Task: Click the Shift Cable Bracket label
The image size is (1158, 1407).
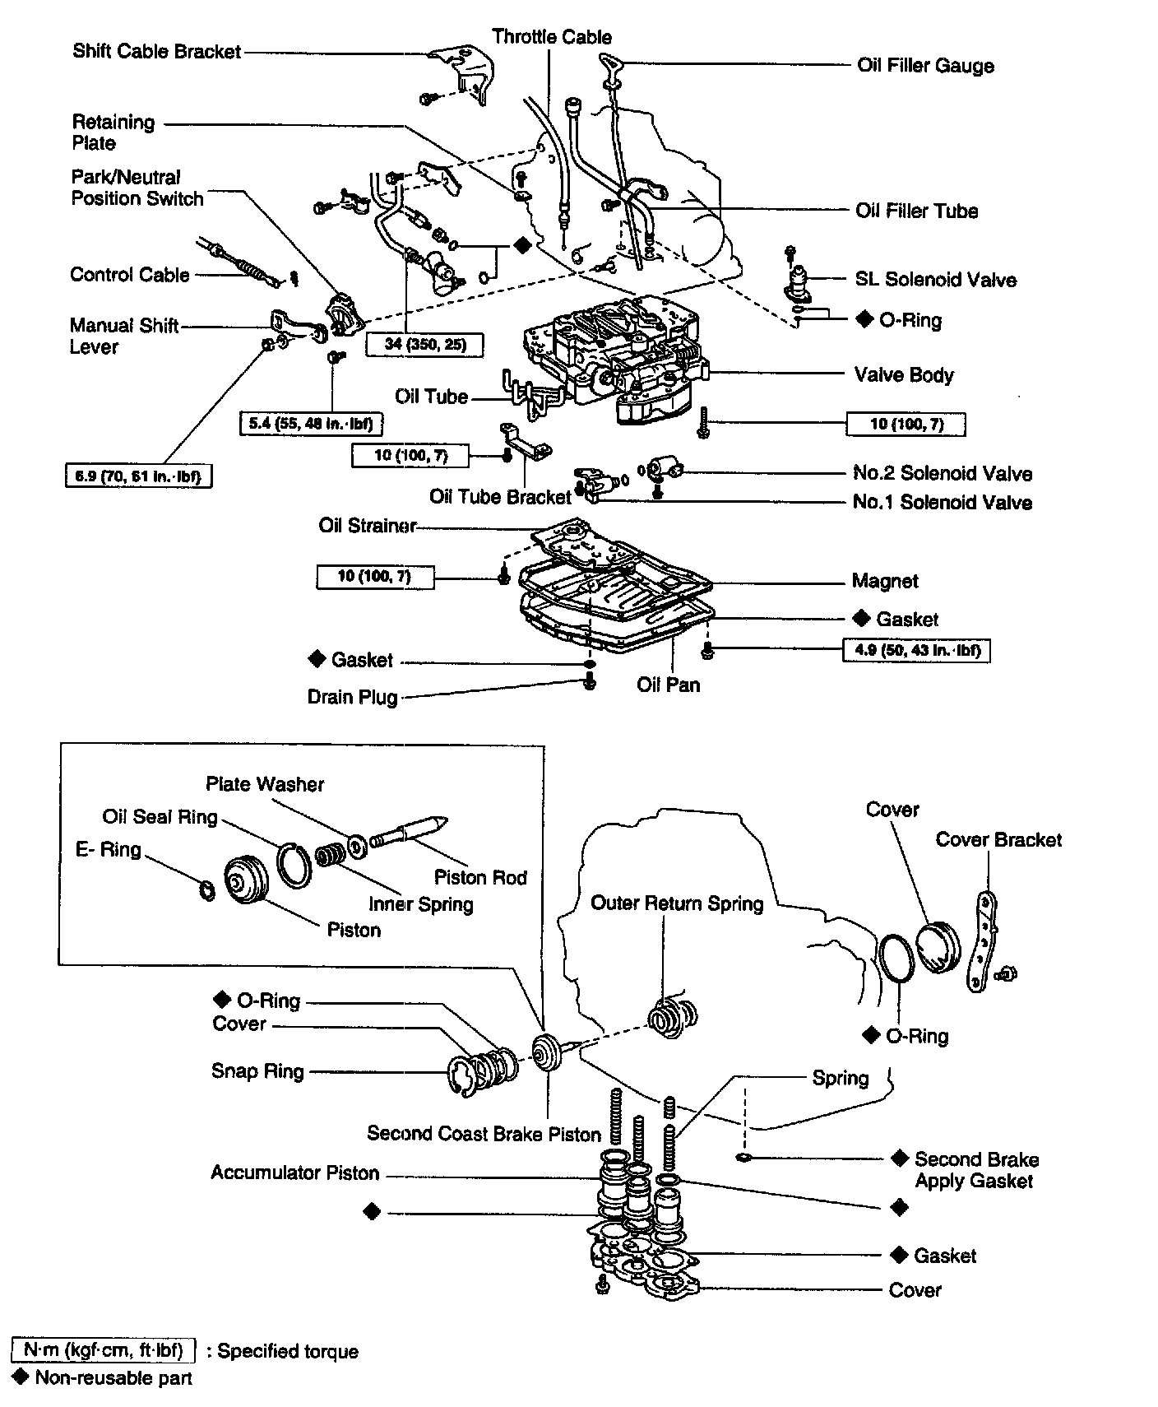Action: click(x=156, y=52)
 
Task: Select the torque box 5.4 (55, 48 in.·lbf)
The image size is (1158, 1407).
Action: click(x=312, y=425)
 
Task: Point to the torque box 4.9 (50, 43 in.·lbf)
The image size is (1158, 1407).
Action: click(x=916, y=651)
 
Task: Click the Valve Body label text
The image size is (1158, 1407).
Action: click(x=904, y=375)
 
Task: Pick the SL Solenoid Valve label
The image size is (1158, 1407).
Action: click(x=935, y=280)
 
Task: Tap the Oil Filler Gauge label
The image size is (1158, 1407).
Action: click(x=925, y=66)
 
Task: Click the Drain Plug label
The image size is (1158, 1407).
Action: click(x=352, y=698)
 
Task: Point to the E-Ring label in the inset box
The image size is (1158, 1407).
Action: click(x=109, y=849)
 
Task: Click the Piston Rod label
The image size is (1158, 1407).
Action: click(x=480, y=877)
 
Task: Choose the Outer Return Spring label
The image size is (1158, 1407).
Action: click(x=677, y=903)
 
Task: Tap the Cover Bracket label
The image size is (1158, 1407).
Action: click(x=998, y=840)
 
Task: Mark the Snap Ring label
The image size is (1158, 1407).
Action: click(x=257, y=1071)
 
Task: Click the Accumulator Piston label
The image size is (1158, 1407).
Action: click(x=294, y=1172)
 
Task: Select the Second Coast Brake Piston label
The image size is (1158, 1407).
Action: click(x=484, y=1134)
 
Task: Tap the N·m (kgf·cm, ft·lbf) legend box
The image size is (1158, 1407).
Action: click(x=104, y=1351)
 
